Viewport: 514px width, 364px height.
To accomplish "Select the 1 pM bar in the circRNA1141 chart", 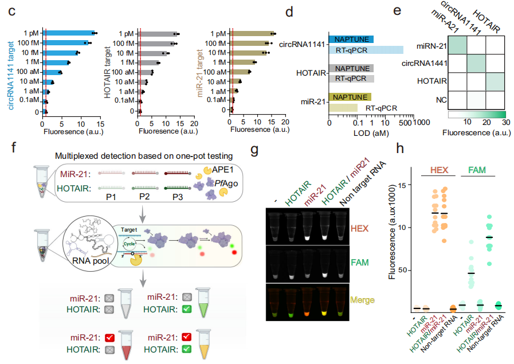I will click(x=68, y=33).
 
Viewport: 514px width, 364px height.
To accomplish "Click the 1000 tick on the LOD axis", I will click(x=420, y=122).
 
